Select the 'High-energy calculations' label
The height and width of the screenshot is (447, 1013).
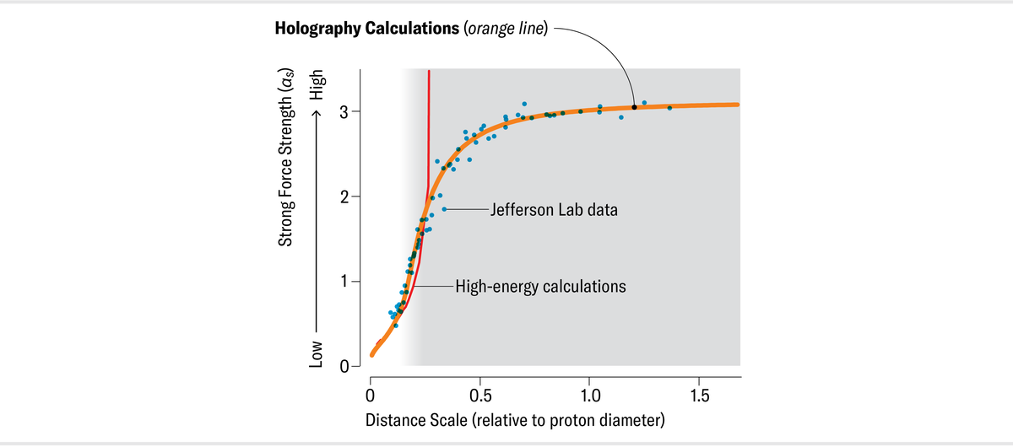tap(540, 286)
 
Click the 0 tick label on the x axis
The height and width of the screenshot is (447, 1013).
tap(371, 395)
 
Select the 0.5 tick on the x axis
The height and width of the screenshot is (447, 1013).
tap(479, 395)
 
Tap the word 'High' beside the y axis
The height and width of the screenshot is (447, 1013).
tap(317, 85)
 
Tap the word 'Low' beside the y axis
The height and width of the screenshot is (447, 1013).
tap(317, 353)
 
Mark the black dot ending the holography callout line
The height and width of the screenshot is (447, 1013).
tap(634, 107)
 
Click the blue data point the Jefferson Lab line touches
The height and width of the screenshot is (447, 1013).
tap(444, 209)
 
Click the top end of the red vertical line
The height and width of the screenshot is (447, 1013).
tap(429, 71)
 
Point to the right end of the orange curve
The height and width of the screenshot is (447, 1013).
tap(737, 105)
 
